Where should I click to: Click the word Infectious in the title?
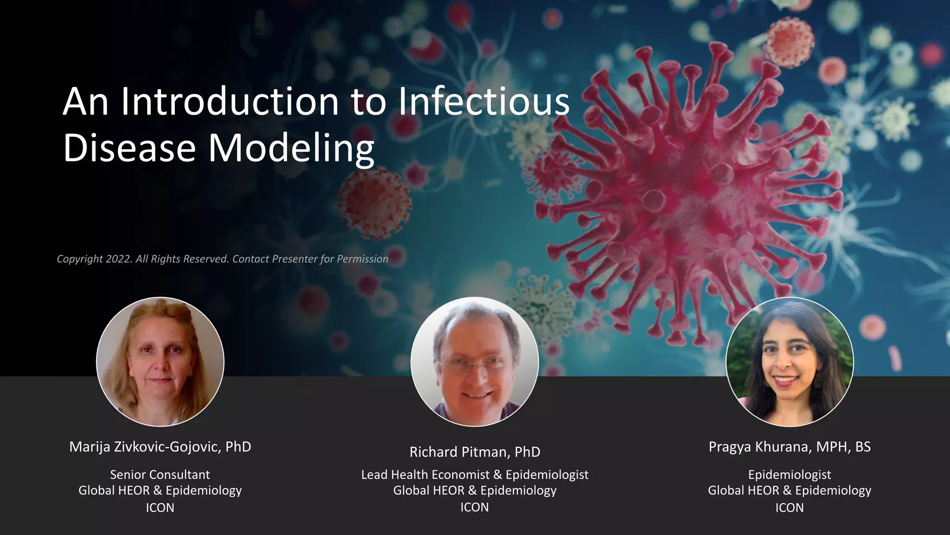pyautogui.click(x=484, y=102)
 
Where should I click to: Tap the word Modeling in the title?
pyautogui.click(x=290, y=149)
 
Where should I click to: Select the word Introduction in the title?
pyautogui.click(x=230, y=102)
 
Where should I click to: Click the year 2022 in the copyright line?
pyautogui.click(x=119, y=259)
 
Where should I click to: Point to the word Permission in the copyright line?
pyautogui.click(x=362, y=259)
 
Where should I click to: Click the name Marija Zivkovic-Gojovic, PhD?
pyautogui.click(x=160, y=447)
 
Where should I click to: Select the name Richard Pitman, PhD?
pyautogui.click(x=475, y=452)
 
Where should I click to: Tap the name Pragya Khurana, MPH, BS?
pyautogui.click(x=790, y=447)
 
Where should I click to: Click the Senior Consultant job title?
pyautogui.click(x=160, y=475)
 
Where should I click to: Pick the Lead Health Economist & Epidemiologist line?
pyautogui.click(x=475, y=475)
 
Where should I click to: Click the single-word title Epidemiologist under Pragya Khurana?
pyautogui.click(x=790, y=475)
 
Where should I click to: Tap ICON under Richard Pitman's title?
pyautogui.click(x=475, y=507)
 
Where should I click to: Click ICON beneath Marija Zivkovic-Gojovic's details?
pyautogui.click(x=160, y=508)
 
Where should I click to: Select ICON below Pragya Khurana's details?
pyautogui.click(x=790, y=508)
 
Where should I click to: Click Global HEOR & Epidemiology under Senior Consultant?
pyautogui.click(x=160, y=490)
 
